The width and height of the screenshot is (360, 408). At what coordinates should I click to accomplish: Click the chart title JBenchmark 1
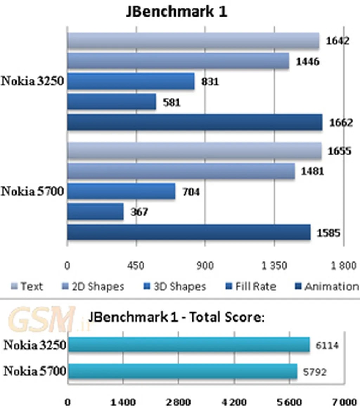coord(176,12)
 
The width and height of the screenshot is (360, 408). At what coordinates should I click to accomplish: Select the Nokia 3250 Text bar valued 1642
coord(193,41)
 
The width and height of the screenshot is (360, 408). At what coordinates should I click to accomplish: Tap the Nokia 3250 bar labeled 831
coord(131,81)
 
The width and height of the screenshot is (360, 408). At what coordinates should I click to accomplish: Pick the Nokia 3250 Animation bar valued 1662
coord(195,122)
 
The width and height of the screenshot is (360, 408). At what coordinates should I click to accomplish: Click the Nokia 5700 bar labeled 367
coord(95,212)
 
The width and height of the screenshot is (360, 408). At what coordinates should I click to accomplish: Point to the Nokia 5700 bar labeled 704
coord(121,191)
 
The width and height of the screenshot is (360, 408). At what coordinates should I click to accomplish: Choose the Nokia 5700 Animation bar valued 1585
coord(189,232)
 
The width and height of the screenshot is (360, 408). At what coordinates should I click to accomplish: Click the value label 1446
coord(308,62)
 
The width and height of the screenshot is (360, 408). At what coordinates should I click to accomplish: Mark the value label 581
coord(171,103)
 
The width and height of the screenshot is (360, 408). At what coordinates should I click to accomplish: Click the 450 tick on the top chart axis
coord(136,266)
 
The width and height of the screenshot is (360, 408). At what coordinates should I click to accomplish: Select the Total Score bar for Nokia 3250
coord(189,345)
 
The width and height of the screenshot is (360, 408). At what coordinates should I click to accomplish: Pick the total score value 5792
coord(314,371)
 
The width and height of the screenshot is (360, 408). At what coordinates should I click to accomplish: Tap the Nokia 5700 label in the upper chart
coord(32,192)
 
